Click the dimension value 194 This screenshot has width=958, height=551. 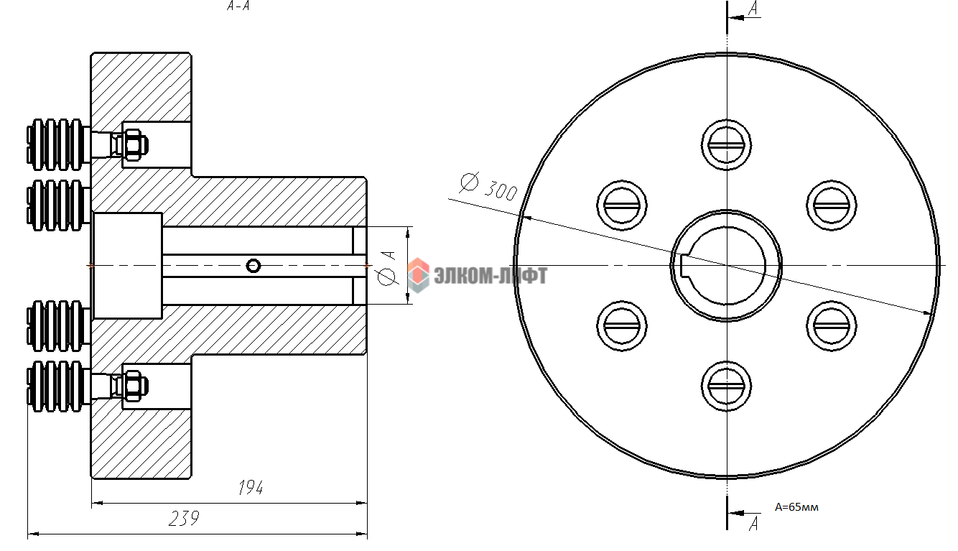coord(251,488)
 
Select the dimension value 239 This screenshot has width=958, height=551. coord(184,519)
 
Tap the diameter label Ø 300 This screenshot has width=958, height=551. coord(488,187)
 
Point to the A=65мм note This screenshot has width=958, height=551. coord(796,507)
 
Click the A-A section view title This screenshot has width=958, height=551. coord(238,6)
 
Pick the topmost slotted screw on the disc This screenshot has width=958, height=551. coord(726,145)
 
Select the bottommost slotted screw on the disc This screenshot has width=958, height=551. coord(726,386)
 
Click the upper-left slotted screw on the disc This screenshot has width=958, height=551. coord(622,205)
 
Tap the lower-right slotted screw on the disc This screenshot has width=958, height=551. coord(832,326)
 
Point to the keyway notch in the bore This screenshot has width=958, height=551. coord(685,266)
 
